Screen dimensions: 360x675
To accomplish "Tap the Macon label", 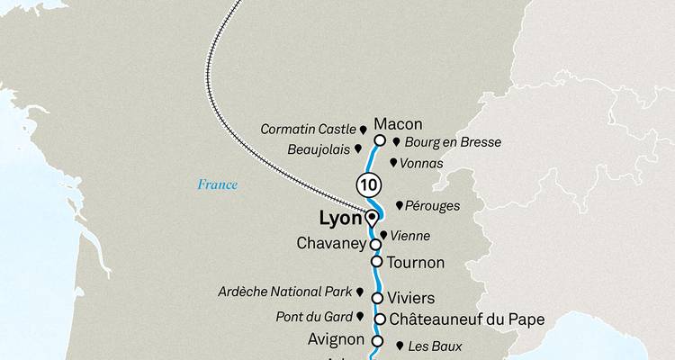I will tap(398, 124).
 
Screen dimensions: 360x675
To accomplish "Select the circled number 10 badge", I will tap(367, 184).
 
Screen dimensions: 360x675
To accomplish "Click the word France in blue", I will tap(218, 185).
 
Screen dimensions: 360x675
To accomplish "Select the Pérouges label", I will tap(433, 206).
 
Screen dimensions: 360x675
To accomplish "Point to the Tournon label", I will tap(415, 263).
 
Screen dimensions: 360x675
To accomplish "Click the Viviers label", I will tap(411, 298).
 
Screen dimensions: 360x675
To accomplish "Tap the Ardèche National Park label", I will tap(285, 292).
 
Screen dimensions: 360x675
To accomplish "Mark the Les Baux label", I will tap(435, 346).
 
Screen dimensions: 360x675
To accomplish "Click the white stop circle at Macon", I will tap(380, 140).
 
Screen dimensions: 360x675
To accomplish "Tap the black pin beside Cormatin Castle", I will tap(363, 130).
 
